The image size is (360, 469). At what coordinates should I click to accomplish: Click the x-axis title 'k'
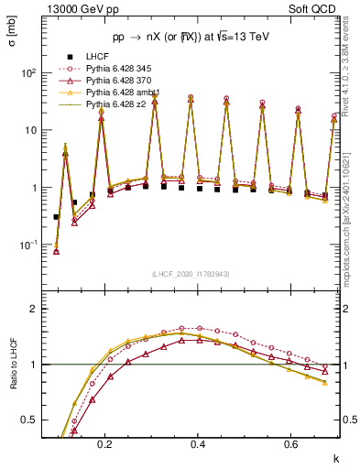[334, 456]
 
